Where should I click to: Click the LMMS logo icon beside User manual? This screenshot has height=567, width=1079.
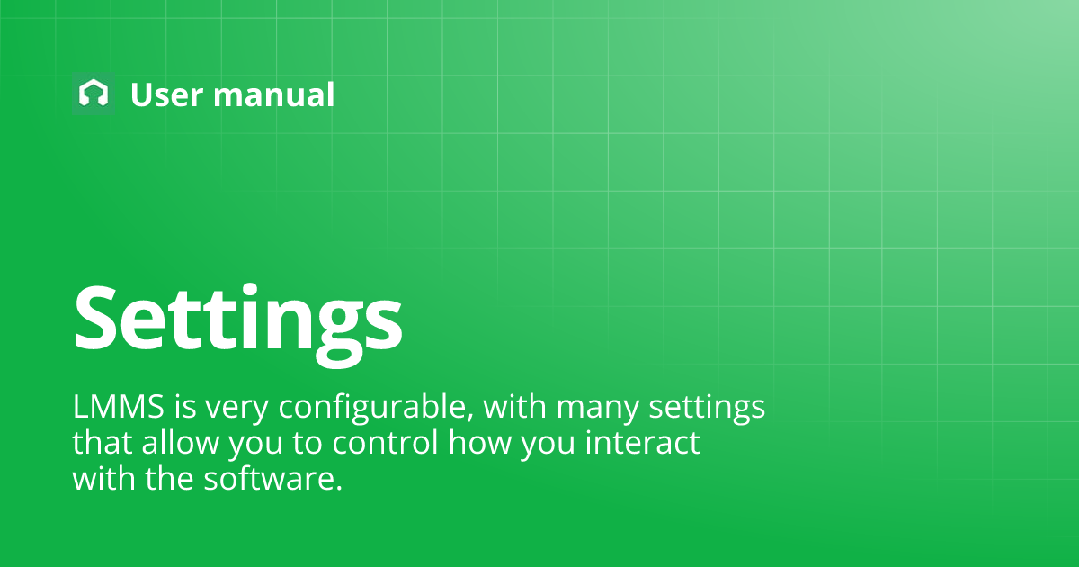click(93, 94)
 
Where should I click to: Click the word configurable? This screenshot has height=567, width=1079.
click(376, 409)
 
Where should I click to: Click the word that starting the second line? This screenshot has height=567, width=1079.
click(101, 443)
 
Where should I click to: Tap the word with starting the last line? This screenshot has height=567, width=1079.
click(102, 477)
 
